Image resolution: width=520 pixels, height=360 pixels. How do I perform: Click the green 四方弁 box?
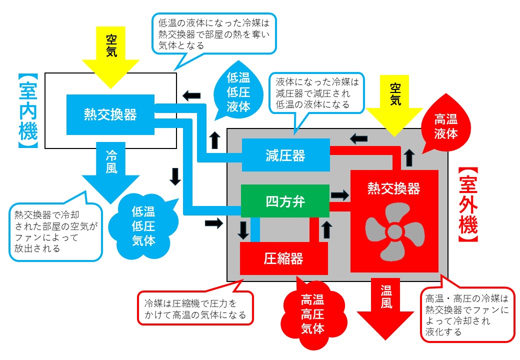pyautogui.click(x=285, y=201)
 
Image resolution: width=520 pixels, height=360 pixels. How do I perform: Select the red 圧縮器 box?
pyautogui.click(x=283, y=258)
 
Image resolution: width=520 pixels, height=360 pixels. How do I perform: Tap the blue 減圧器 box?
pyautogui.click(x=285, y=155)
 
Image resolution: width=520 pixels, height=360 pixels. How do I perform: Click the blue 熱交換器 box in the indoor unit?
pyautogui.click(x=110, y=114)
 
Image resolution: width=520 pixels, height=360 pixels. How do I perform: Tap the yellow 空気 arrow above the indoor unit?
pyautogui.click(x=111, y=55)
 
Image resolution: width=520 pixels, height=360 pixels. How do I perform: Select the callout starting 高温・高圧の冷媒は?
pyautogui.click(x=467, y=315)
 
